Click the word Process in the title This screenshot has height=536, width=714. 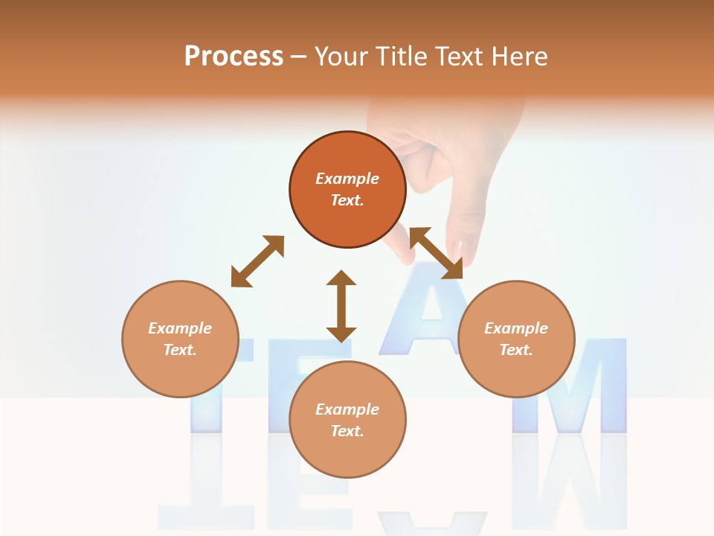coord(234,57)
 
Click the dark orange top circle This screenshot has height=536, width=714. coord(347,189)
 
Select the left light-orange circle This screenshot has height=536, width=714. coord(180,339)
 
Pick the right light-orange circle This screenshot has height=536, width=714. coord(516,339)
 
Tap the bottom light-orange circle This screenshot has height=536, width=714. coord(347,419)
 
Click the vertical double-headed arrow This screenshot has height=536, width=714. coord(341,306)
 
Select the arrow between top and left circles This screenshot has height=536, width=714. coord(257,261)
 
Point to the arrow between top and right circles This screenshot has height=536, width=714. coord(436,253)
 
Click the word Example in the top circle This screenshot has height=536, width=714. coord(347,179)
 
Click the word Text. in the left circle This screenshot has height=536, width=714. coord(180,350)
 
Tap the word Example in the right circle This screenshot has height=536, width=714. coord(516,328)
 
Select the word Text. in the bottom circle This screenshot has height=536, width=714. coord(347,431)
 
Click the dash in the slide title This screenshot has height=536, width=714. coord(299,57)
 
